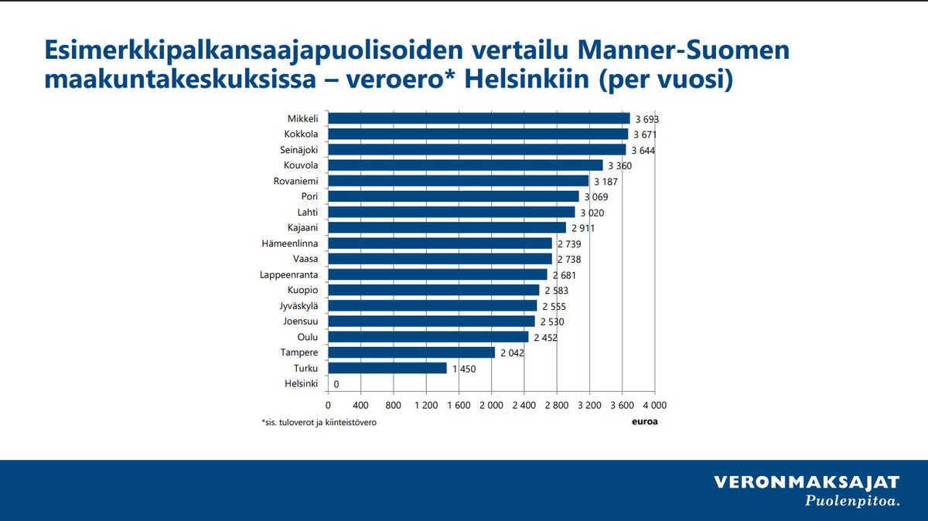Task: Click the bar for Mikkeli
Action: tap(479, 118)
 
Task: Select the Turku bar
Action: tap(387, 368)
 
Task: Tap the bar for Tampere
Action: tap(411, 352)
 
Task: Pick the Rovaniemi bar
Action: tap(459, 181)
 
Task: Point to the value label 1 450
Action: tap(464, 369)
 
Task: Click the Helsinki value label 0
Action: tap(336, 384)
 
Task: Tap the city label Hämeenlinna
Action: tap(290, 243)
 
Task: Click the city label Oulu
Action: tap(308, 337)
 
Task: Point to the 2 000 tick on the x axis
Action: tap(491, 404)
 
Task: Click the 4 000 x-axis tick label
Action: tap(653, 404)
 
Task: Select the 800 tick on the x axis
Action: tap(393, 404)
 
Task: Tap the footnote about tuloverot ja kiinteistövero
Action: tap(319, 423)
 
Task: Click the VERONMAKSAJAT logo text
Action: tap(807, 483)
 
